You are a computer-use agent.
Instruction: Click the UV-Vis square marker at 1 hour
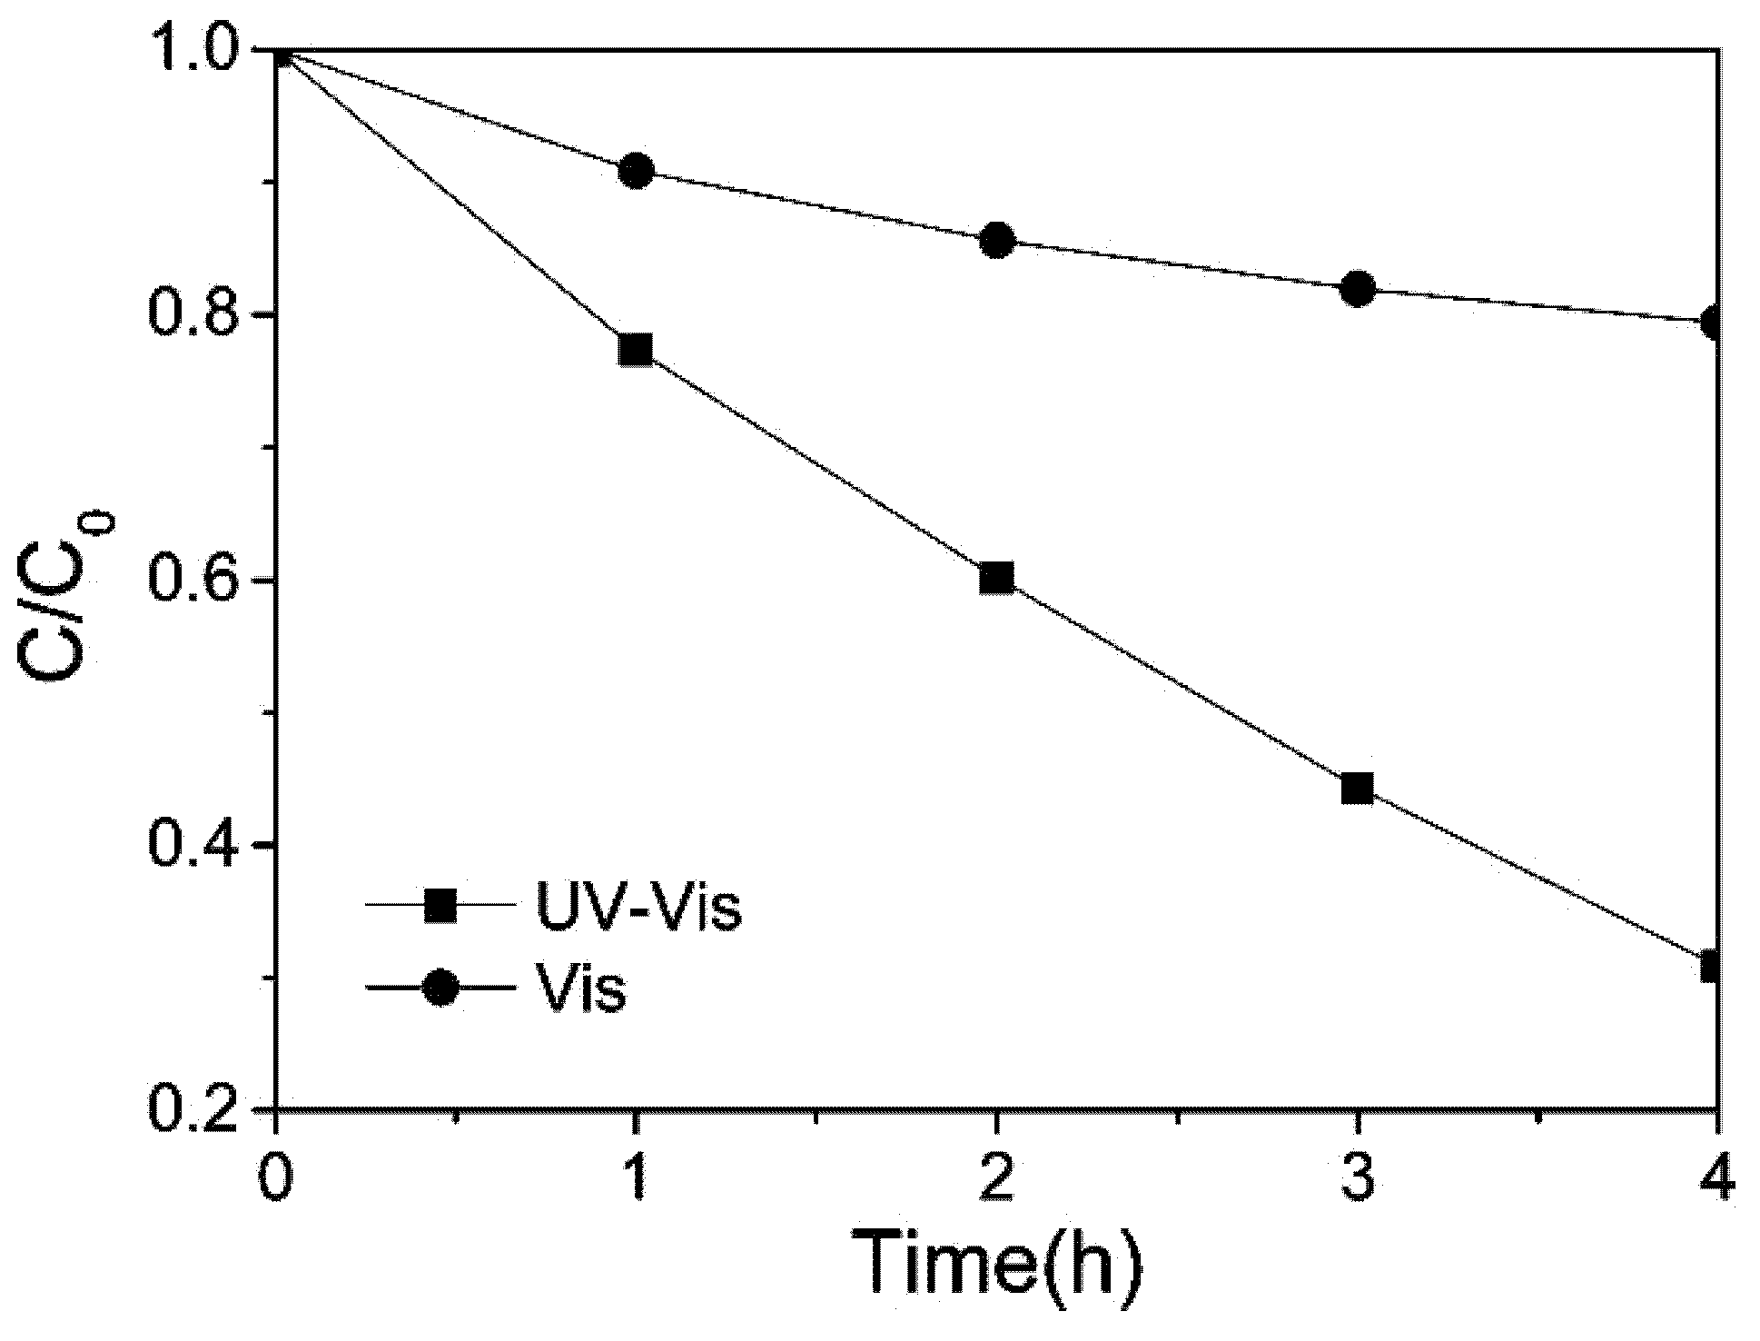(636, 350)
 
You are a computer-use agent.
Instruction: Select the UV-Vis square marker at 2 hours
(996, 578)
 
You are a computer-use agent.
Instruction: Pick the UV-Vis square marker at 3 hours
(1357, 788)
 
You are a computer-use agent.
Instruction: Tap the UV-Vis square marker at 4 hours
(1711, 966)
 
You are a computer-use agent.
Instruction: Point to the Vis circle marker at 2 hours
(996, 241)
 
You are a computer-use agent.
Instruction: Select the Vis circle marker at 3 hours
(1357, 289)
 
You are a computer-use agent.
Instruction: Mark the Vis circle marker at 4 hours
(1712, 323)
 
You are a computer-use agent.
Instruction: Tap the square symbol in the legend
(442, 906)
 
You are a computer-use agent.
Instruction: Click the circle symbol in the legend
(442, 988)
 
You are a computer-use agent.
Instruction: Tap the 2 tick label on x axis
(996, 1177)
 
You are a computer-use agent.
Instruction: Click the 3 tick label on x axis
(1357, 1177)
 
